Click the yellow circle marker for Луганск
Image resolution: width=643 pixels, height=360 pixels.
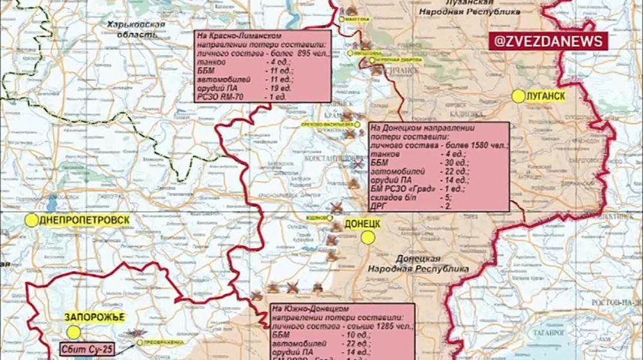[518, 96]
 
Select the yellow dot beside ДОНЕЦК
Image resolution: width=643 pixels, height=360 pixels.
[368, 237]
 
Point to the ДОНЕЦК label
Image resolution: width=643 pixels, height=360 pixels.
[363, 223]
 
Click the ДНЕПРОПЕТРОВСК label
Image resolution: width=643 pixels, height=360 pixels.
[84, 220]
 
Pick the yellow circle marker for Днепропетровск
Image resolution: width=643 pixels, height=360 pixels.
[31, 220]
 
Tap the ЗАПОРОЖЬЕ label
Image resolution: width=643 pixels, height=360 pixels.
[94, 316]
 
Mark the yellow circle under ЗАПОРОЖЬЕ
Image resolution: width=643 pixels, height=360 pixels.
[74, 331]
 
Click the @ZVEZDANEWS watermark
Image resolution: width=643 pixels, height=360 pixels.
[549, 41]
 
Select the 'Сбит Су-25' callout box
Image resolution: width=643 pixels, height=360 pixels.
[89, 349]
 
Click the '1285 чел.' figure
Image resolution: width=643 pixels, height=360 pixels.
[386, 327]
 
